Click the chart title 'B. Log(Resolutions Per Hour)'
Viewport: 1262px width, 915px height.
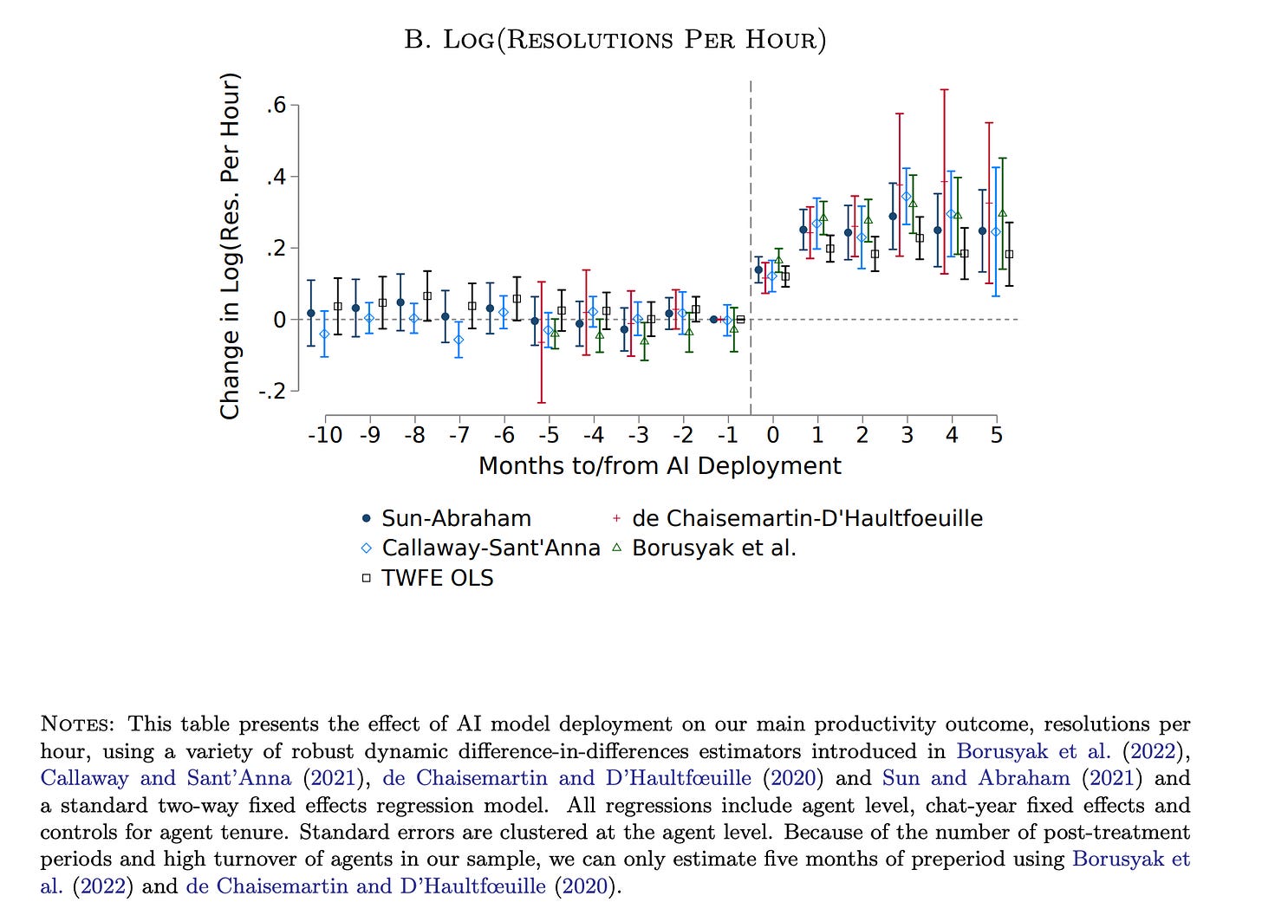(x=615, y=40)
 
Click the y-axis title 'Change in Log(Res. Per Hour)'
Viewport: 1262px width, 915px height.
(x=230, y=247)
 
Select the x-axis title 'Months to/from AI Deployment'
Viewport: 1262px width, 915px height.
(x=660, y=466)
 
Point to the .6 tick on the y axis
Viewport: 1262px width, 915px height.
(x=276, y=106)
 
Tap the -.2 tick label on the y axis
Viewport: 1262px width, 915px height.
(x=271, y=391)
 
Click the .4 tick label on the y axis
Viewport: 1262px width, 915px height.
(x=276, y=177)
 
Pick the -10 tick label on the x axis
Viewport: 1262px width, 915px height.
(x=325, y=435)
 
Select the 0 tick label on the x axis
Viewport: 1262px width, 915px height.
(x=773, y=435)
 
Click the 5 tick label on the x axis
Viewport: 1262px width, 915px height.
(x=997, y=435)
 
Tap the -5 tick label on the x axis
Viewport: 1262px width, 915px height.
(x=549, y=435)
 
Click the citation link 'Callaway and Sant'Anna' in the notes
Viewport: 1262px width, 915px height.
(x=166, y=778)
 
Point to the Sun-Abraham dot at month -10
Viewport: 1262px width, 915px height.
(x=311, y=314)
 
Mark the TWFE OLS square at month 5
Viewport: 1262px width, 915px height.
(x=1009, y=254)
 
